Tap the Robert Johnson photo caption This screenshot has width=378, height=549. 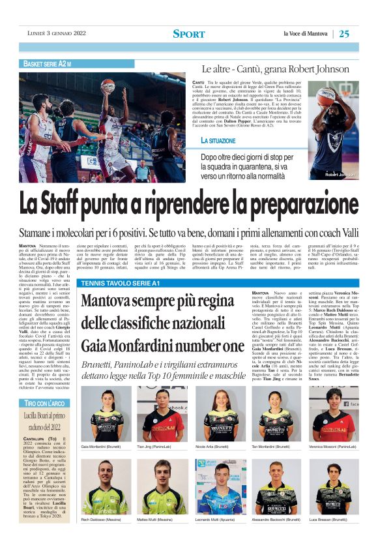(340, 175)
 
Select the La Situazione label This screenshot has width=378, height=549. (218, 141)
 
